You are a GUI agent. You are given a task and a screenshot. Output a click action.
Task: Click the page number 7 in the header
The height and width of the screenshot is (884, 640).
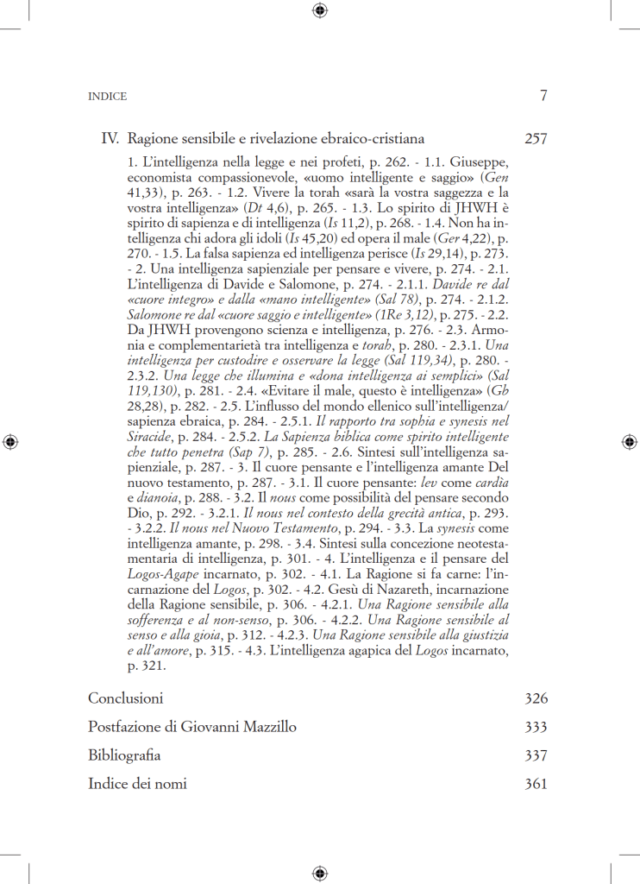tap(543, 96)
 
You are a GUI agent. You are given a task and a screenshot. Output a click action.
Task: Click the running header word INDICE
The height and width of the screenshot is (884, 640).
tap(108, 97)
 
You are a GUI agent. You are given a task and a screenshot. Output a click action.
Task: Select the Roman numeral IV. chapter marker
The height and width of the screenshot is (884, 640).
tap(110, 138)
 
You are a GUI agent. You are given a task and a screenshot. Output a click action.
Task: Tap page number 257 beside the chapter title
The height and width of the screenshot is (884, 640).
tap(536, 138)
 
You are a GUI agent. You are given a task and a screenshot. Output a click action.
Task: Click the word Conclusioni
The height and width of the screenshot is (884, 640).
tap(125, 698)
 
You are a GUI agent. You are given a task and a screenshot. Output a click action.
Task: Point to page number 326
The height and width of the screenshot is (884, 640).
tap(536, 698)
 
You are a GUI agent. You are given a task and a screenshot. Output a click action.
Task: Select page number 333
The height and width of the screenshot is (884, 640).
tap(536, 727)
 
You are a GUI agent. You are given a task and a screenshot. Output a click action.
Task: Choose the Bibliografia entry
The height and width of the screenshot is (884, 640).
tap(124, 755)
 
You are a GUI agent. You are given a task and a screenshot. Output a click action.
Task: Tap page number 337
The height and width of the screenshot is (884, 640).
tap(536, 755)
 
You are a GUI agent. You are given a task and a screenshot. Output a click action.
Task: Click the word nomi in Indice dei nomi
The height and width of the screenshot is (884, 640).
tap(171, 784)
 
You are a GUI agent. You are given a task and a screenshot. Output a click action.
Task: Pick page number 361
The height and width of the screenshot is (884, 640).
tap(536, 784)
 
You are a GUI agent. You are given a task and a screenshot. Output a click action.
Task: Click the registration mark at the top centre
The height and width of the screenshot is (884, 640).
tap(320, 10)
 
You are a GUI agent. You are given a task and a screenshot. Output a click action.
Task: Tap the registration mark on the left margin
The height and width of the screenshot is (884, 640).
tap(10, 441)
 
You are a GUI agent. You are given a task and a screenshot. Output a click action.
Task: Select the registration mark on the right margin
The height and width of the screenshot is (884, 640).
tap(629, 441)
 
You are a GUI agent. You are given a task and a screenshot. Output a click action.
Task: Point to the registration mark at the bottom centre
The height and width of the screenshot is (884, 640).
tap(320, 873)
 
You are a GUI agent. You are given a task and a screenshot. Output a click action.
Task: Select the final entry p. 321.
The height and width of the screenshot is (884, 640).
tap(145, 666)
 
